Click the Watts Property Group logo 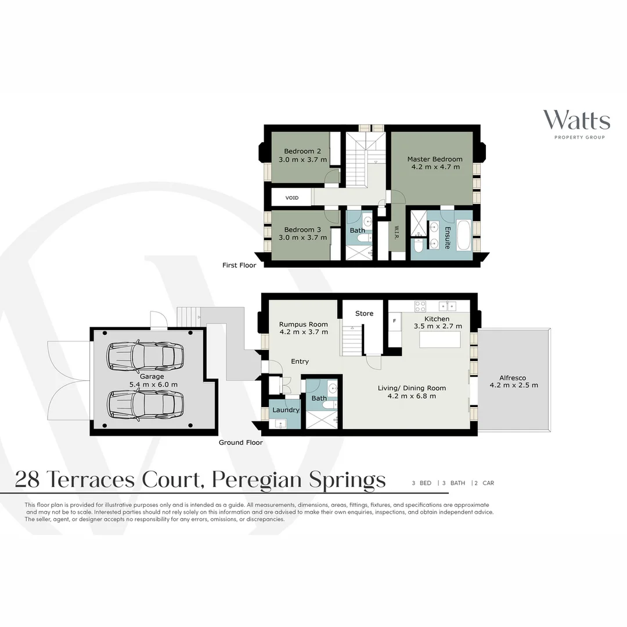tap(576, 123)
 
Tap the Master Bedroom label tap(434, 159)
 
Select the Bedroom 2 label tap(302, 152)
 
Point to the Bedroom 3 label tap(302, 229)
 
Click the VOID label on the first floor tap(291, 198)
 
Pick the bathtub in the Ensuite tap(464, 235)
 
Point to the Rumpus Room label tap(303, 325)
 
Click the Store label tap(364, 313)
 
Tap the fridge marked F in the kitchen tap(395, 320)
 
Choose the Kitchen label tap(437, 319)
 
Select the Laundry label tap(286, 410)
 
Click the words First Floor tap(239, 265)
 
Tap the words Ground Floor tap(240, 442)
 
